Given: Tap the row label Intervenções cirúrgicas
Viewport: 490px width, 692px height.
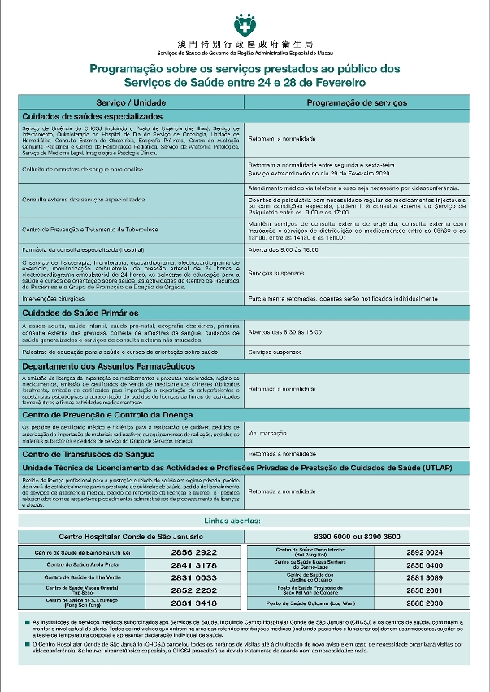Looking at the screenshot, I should [59, 298].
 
